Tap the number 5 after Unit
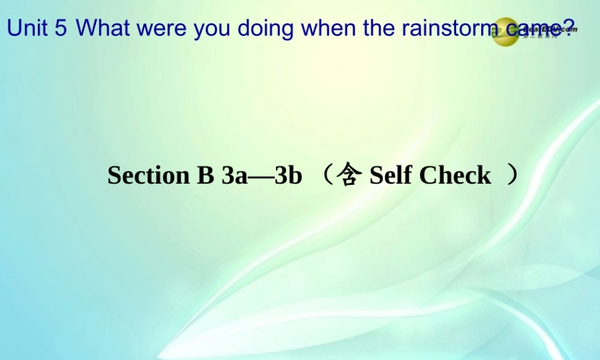coord(61,28)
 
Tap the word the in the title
coord(377,28)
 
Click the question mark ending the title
coord(570,26)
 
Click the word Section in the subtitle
coord(148,175)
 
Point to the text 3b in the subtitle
coord(288,175)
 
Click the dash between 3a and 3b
coord(261,176)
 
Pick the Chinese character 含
coord(349,175)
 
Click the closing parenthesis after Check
coord(511,175)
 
